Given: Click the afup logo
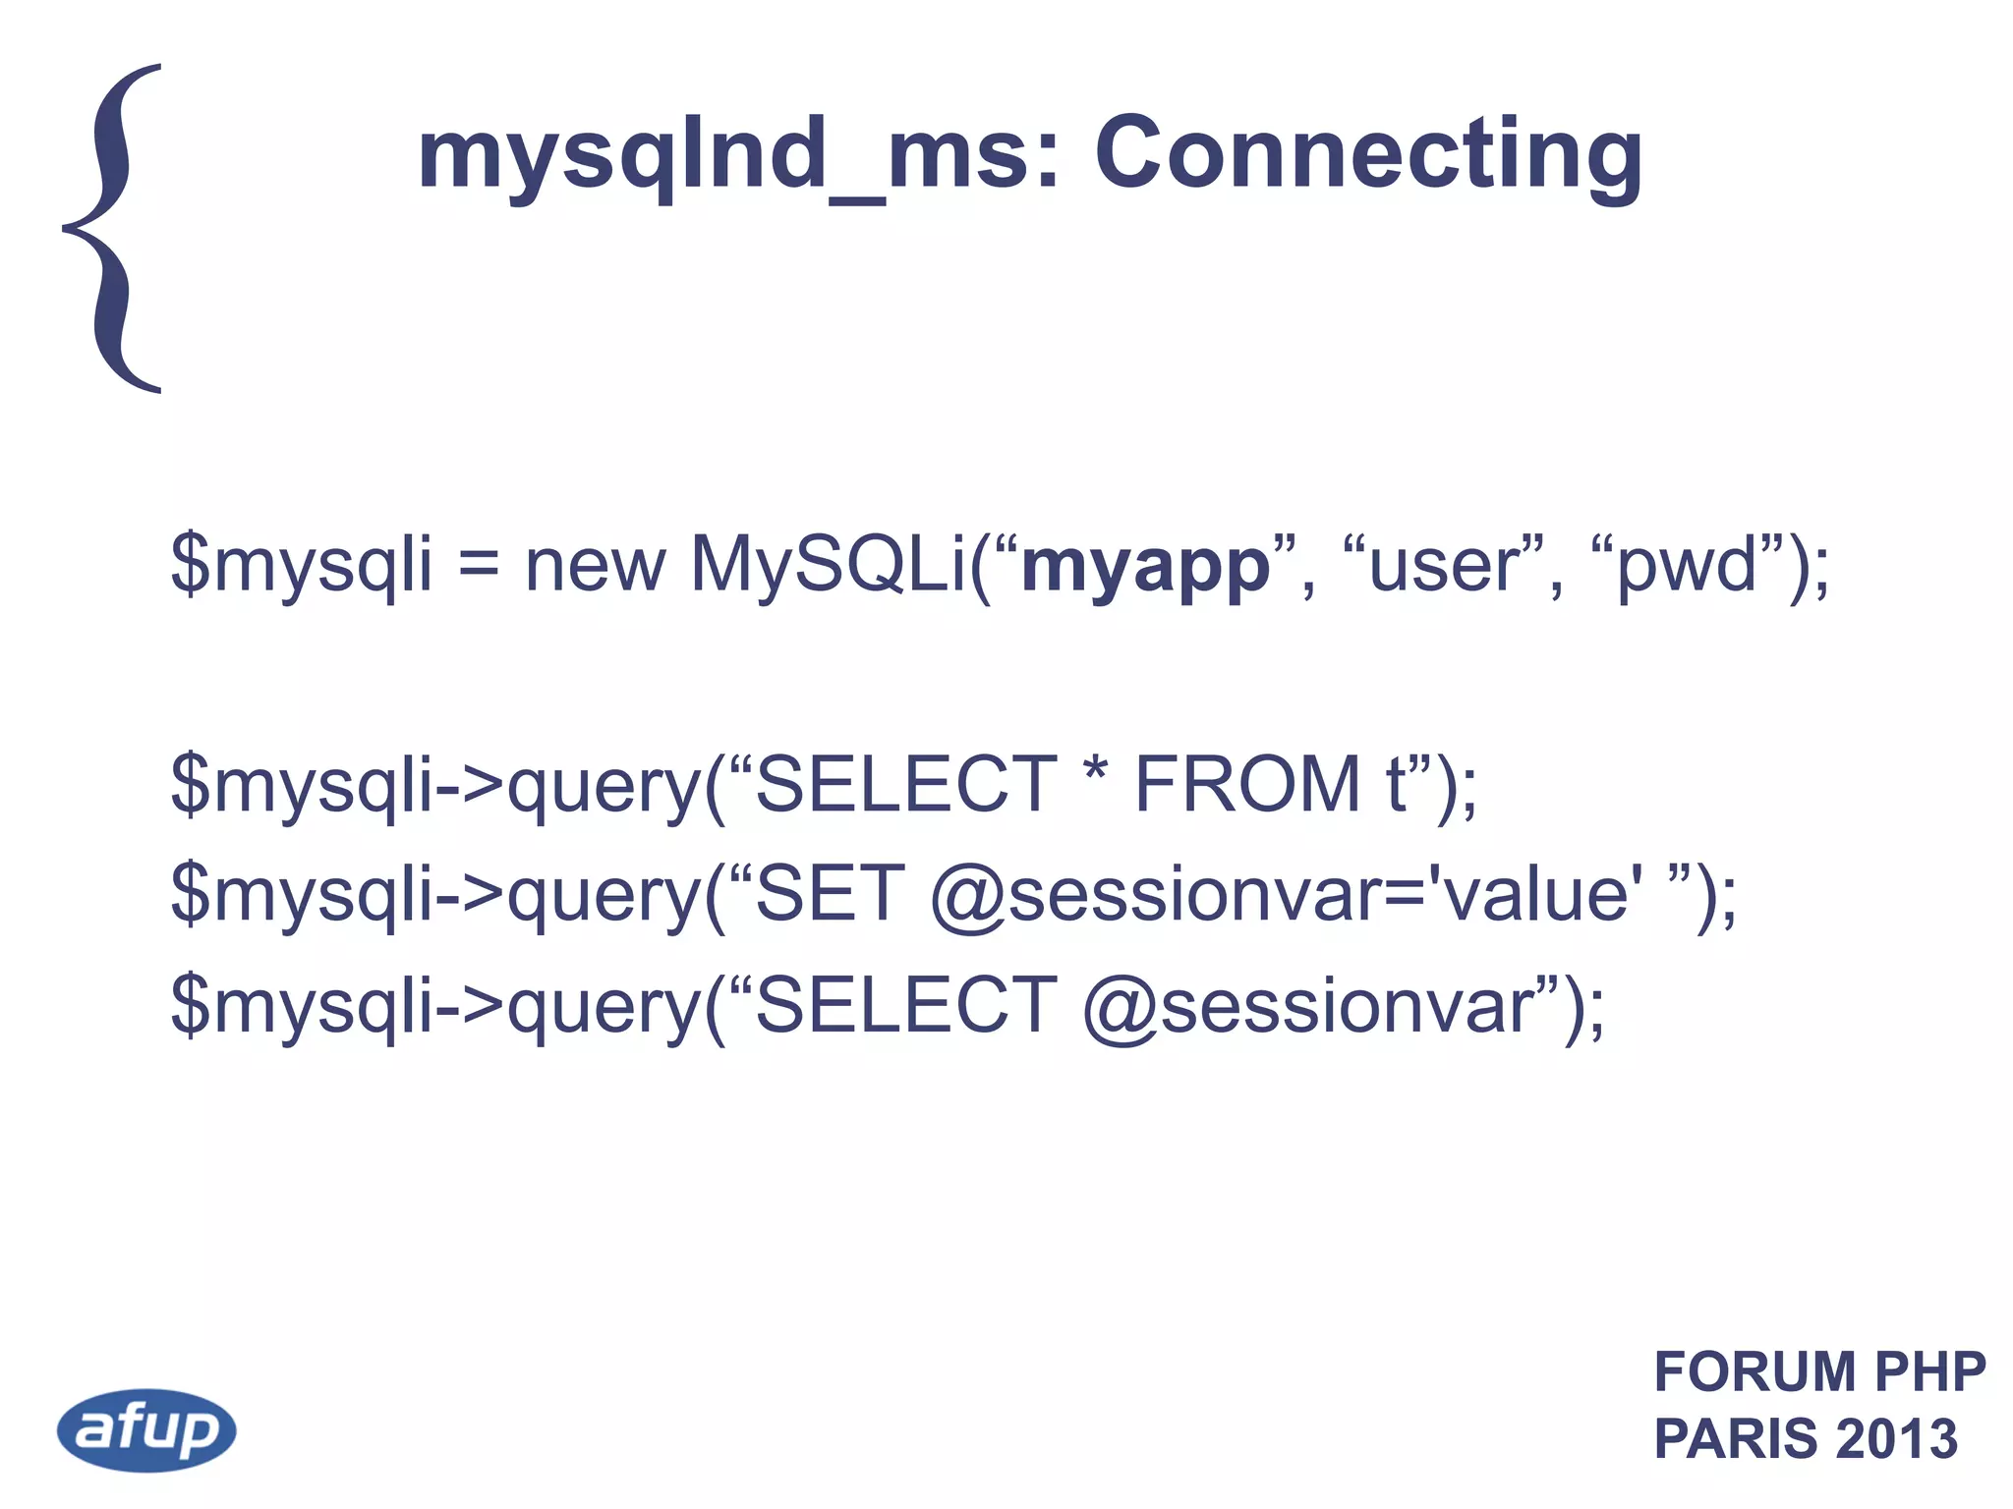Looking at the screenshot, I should [146, 1429].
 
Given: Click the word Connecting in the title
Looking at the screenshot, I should [1368, 154].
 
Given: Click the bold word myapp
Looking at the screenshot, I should [1145, 567].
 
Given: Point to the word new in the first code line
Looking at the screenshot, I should [596, 567].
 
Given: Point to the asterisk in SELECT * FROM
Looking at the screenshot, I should [1095, 776].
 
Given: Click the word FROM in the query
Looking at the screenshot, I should [1247, 785].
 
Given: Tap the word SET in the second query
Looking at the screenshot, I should [830, 894].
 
